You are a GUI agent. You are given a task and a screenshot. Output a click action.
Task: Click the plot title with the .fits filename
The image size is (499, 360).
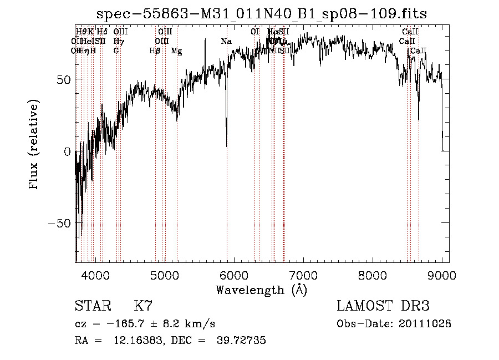pos(261,14)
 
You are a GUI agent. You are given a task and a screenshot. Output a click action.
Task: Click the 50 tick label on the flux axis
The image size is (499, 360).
pos(63,79)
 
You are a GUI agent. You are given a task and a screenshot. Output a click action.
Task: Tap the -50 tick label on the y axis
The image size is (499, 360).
pos(58,223)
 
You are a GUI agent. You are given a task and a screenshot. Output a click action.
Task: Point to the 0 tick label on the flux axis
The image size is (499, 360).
pos(67,151)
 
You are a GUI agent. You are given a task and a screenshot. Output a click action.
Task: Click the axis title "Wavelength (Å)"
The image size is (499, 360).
pos(261,290)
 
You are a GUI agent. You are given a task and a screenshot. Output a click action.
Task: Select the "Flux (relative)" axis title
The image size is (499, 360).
pos(35,145)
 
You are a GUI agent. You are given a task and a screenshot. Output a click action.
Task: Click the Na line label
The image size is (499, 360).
pos(226,42)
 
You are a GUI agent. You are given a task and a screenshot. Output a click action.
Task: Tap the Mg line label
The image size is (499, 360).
pos(176,51)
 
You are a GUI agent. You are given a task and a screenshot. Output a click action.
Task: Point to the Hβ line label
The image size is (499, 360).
pos(155,51)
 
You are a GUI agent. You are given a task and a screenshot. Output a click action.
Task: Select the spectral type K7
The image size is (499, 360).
pos(143,306)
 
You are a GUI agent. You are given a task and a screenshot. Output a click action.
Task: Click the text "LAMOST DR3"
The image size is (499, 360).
pos(383,306)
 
